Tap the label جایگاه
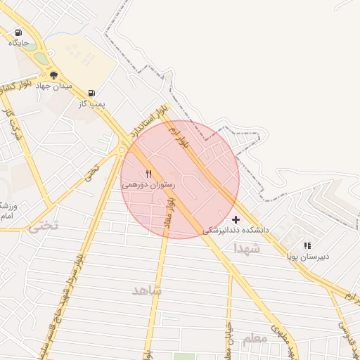pos(18,43)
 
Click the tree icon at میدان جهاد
pos(53,75)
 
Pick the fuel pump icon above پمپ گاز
pos(91,93)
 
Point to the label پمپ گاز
pos(91,103)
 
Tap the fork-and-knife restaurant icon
pos(148,174)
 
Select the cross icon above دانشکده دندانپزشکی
pos(236,219)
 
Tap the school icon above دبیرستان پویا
pos(307,245)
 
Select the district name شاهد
pos(147,290)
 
